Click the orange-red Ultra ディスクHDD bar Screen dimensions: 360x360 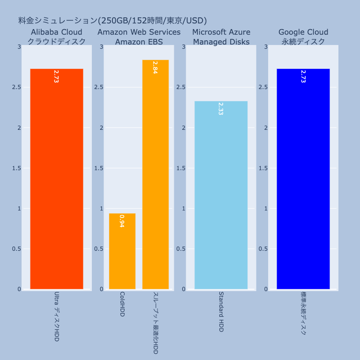tap(56, 179)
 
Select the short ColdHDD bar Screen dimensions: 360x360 tap(122, 251)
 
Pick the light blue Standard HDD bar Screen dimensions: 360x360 tap(221, 195)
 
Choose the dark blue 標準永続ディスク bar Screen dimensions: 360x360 tap(303, 179)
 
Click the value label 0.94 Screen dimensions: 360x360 tap(122, 221)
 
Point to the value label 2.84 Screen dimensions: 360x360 tap(155, 67)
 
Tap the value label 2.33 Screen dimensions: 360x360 tap(221, 109)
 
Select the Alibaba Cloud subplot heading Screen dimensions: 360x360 tap(56, 32)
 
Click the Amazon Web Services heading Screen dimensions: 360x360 tap(139, 32)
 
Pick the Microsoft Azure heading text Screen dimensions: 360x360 tap(221, 32)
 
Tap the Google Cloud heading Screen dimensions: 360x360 tap(303, 32)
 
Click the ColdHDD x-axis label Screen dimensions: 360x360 tap(122, 304)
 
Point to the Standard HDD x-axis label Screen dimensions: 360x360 tap(221, 311)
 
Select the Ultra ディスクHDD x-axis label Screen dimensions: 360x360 tap(56, 316)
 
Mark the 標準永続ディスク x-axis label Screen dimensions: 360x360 tap(303, 313)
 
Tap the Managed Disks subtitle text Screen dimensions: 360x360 tap(221, 42)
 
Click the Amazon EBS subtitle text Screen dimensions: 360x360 tap(139, 42)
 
